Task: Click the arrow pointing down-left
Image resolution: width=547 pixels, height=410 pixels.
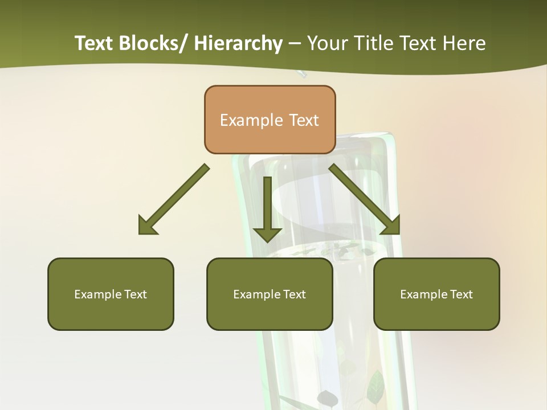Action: (174, 200)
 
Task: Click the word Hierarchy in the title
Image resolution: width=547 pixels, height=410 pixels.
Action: (238, 43)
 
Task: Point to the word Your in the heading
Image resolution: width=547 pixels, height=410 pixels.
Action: (327, 43)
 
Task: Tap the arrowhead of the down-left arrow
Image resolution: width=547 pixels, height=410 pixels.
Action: (146, 226)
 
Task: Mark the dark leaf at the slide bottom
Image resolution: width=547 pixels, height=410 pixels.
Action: (328, 397)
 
